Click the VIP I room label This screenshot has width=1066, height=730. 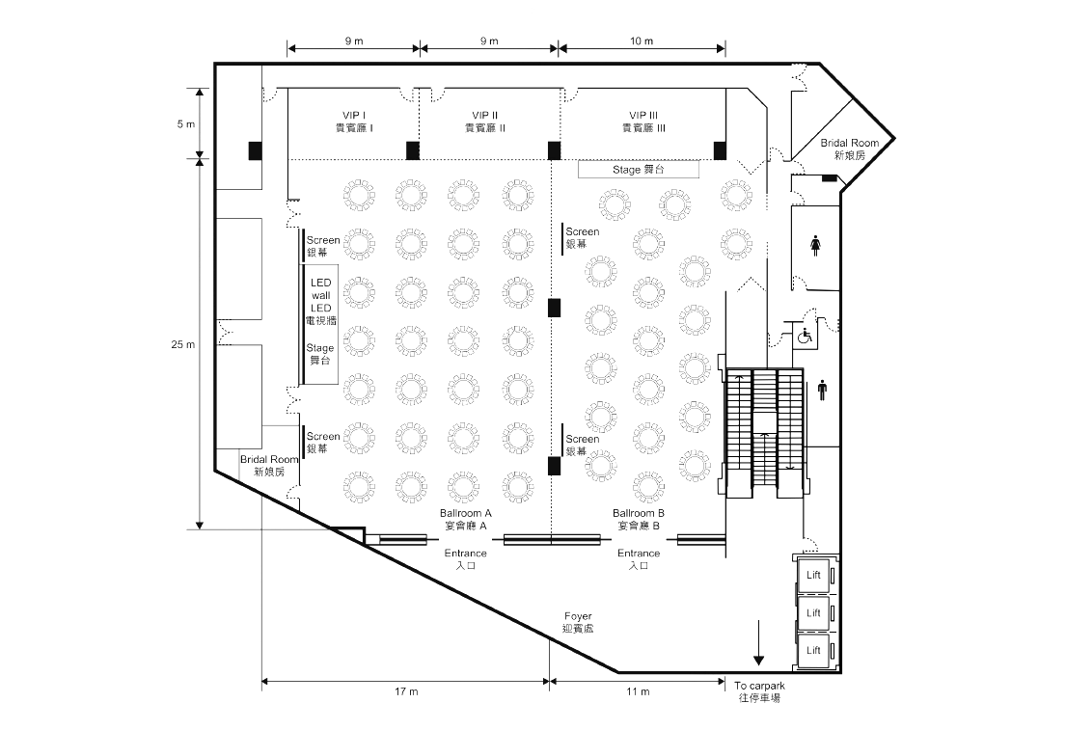[354, 121]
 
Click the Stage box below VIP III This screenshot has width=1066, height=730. [638, 169]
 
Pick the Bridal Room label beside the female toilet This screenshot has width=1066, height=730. [850, 149]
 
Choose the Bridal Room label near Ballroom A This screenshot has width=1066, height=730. [269, 466]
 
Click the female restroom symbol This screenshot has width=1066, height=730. [816, 246]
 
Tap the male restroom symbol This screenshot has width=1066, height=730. [822, 389]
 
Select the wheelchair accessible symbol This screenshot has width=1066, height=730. [805, 338]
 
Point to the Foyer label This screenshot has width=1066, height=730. [578, 621]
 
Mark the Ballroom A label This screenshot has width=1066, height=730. [466, 519]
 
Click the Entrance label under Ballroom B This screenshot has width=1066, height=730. [639, 559]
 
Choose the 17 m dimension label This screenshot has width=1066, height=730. [406, 692]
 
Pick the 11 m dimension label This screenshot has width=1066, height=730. [638, 692]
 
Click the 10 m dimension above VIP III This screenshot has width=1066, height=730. [642, 41]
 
